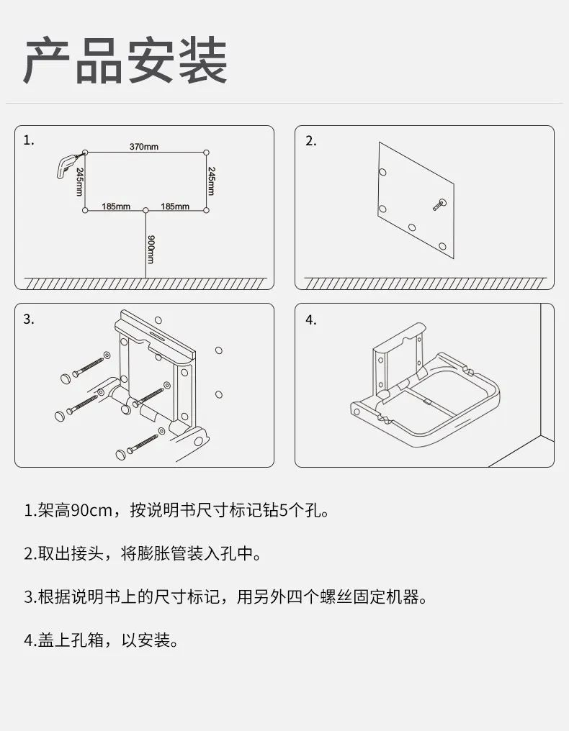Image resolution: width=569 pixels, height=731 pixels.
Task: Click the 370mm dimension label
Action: click(144, 147)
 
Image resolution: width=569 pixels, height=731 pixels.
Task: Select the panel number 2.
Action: click(310, 141)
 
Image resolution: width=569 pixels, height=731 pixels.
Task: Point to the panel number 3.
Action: click(29, 319)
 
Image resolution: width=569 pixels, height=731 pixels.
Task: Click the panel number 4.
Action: click(310, 320)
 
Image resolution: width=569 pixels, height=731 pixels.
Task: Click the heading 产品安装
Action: click(125, 60)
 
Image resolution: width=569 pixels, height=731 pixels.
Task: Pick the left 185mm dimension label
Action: click(115, 206)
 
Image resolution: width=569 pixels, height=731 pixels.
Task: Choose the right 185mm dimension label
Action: click(174, 206)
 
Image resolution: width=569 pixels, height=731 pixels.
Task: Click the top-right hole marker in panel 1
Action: click(206, 152)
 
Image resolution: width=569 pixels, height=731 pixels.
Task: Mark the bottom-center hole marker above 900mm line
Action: click(145, 210)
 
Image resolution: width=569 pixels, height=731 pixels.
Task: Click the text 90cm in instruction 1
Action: click(87, 512)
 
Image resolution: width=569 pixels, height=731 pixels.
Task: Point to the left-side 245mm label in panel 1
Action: click(79, 181)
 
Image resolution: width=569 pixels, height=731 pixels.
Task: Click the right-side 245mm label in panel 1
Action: click(212, 181)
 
